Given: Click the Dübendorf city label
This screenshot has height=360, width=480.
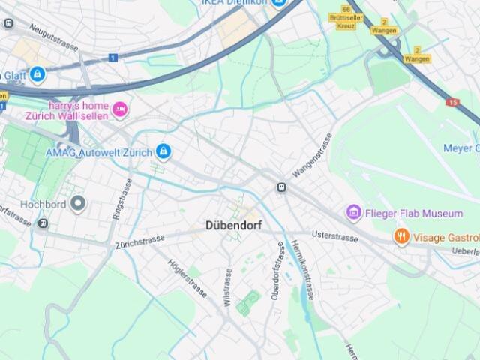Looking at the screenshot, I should [x=232, y=225].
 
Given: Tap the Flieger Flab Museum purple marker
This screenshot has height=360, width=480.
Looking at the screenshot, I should [x=354, y=213].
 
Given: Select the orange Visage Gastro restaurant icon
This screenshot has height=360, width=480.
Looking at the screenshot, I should [x=402, y=237].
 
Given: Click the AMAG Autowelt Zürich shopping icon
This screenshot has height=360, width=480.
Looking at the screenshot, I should [x=163, y=152].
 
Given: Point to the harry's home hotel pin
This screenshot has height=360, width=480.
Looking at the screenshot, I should [x=120, y=110].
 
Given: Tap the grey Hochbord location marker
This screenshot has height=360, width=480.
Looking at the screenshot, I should [x=78, y=204].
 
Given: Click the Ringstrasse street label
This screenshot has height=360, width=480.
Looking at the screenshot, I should [x=121, y=199].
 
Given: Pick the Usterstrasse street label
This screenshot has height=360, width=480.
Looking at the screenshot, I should [x=335, y=235].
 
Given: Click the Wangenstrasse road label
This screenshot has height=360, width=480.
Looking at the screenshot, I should [x=313, y=156].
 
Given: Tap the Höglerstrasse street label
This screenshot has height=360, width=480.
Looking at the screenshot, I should [x=187, y=277].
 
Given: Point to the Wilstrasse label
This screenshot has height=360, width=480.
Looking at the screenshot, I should [x=228, y=288].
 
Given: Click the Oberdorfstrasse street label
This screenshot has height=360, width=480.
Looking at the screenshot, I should [x=279, y=271].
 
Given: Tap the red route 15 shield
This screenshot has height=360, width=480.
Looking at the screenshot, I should [x=451, y=101].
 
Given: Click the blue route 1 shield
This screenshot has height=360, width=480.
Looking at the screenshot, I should [x=112, y=58].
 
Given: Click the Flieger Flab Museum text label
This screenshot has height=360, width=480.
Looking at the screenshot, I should [x=414, y=214].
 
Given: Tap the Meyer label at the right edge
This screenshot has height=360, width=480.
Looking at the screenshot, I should [x=460, y=148].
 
